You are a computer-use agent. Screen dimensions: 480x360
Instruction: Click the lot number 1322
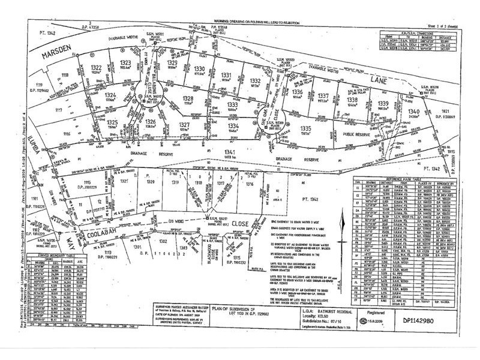pyautogui.click(x=95, y=67)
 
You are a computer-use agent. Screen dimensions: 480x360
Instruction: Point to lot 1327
pyautogui.click(x=184, y=124)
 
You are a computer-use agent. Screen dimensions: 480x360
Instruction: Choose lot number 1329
pyautogui.click(x=172, y=62)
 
